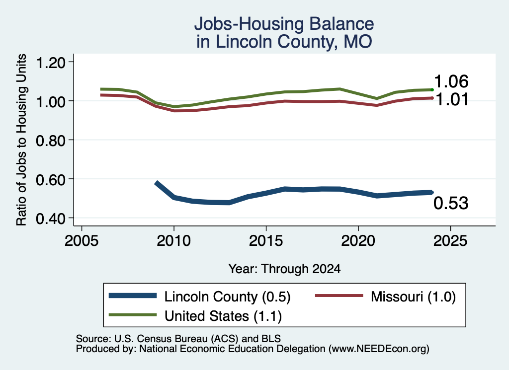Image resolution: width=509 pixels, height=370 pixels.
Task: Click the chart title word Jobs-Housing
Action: point(249,24)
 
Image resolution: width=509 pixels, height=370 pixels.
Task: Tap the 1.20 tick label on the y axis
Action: point(51,62)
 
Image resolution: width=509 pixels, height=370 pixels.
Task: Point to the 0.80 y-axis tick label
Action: point(51,141)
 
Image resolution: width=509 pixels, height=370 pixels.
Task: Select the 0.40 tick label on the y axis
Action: point(51,219)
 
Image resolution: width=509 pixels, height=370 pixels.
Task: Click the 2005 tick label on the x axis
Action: point(82,240)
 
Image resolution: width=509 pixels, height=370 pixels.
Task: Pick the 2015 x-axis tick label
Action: point(266,240)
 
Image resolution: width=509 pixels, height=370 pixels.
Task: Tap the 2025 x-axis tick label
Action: point(450,240)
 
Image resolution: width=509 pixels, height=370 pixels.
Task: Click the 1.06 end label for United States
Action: point(451,81)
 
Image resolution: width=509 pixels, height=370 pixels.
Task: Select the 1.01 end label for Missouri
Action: point(451,99)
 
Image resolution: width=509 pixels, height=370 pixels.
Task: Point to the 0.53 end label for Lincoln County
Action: point(451,203)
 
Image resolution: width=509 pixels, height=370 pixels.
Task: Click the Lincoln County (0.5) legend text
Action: point(227,296)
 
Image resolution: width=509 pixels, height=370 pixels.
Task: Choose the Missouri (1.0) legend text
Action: point(413,296)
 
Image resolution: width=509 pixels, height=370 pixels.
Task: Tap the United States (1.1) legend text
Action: point(223,316)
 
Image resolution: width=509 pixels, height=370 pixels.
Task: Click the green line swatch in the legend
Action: point(133,315)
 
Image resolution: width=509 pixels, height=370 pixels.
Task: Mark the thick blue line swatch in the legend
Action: point(133,296)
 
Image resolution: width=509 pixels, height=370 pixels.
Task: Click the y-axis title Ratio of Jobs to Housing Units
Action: point(21,140)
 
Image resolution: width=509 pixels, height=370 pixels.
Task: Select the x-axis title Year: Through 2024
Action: point(284,269)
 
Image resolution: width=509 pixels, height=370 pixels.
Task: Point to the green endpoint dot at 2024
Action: point(432,90)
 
